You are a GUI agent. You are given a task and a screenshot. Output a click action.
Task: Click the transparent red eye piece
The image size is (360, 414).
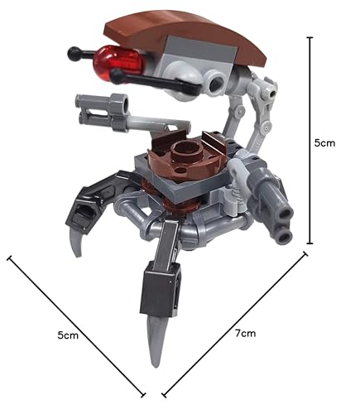pyautogui.click(x=118, y=63)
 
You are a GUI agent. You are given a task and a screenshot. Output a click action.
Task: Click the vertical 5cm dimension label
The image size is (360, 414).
pyautogui.click(x=324, y=143)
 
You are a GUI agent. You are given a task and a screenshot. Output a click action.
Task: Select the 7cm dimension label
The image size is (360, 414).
pyautogui.click(x=245, y=333)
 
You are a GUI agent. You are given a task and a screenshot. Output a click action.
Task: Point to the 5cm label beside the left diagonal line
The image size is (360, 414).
pyautogui.click(x=68, y=335)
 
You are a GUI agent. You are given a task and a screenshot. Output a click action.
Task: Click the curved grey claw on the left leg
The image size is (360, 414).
pyautogui.click(x=76, y=240)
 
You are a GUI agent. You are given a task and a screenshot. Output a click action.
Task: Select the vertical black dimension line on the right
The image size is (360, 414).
pyautogui.click(x=310, y=140)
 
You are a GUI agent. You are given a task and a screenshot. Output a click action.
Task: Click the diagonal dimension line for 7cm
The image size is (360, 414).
pyautogui.click(x=234, y=325)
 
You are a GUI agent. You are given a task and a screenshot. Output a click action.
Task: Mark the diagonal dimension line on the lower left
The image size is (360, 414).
pyautogui.click(x=76, y=326)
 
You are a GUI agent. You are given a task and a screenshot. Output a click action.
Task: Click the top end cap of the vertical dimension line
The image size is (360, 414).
pyautogui.click(x=310, y=37)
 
